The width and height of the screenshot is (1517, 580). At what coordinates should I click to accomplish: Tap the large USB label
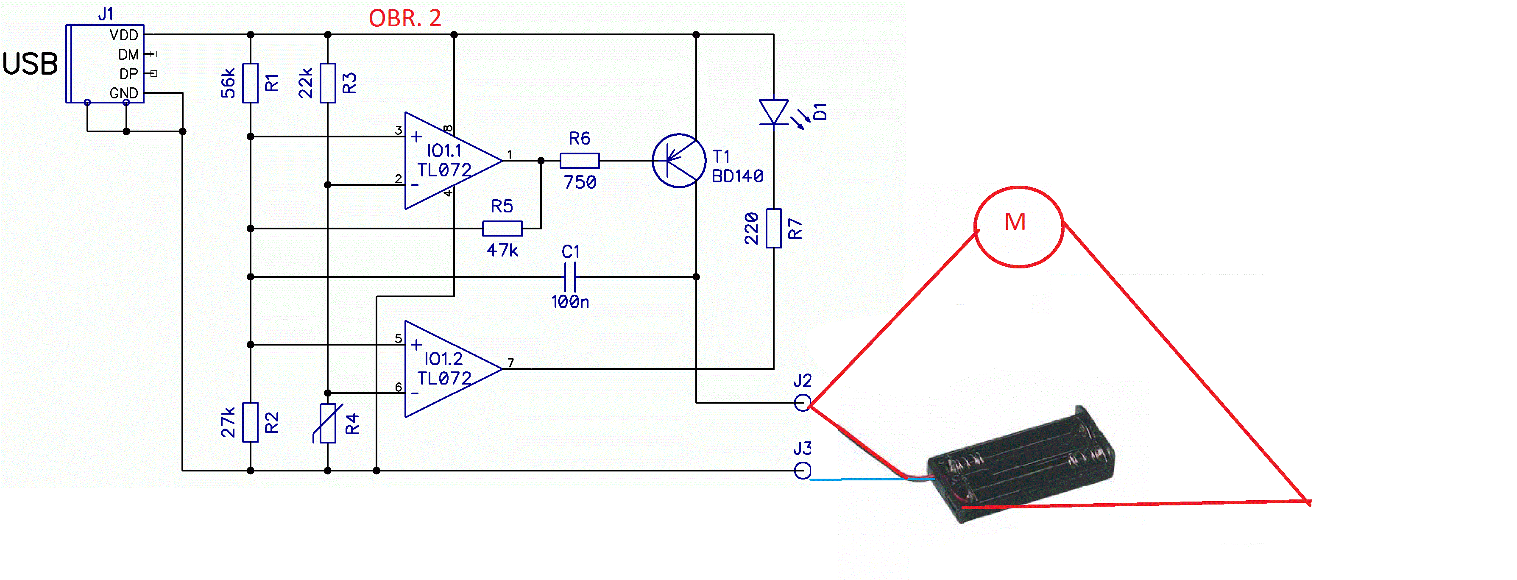30,64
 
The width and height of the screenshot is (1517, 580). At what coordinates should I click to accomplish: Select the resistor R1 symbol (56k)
250,83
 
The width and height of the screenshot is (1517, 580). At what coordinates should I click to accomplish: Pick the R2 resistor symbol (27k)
250,422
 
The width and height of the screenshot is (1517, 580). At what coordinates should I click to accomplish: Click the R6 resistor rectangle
580,160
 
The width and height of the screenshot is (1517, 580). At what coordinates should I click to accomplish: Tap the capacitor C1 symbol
570,277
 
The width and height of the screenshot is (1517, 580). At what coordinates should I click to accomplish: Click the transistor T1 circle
678,160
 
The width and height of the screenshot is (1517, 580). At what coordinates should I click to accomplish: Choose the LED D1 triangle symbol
774,112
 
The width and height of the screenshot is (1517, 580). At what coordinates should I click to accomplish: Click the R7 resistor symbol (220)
774,229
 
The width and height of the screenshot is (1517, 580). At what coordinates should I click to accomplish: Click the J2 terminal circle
802,403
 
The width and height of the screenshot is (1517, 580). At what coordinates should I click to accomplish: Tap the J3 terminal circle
802,471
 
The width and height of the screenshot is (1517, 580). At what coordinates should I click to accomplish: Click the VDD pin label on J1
124,35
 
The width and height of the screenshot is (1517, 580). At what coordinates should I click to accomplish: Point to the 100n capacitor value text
570,302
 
